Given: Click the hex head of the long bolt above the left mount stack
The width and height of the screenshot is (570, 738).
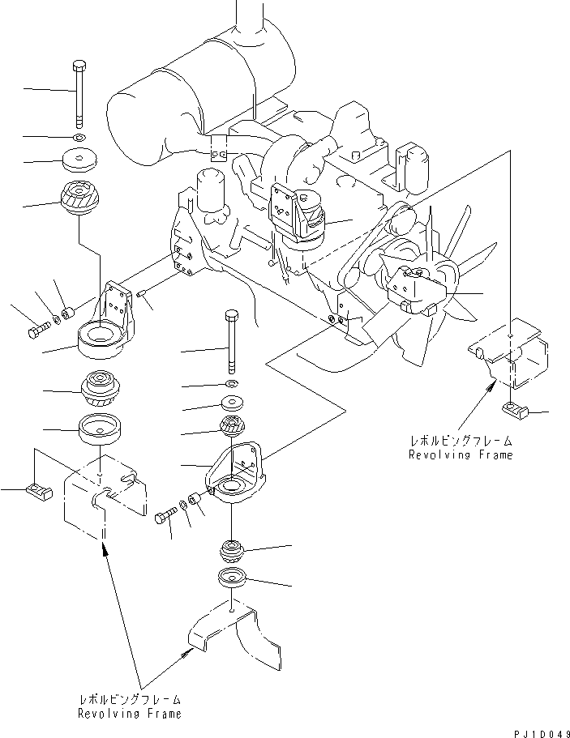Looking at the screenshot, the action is click(79, 65).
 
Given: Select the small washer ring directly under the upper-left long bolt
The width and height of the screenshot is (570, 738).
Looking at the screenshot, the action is click(79, 138).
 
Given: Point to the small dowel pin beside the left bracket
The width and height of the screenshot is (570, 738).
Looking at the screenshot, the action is click(141, 294).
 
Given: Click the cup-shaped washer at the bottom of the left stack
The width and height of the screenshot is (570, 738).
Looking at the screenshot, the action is click(101, 429).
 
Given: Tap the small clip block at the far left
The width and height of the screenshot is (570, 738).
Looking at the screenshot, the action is click(40, 490).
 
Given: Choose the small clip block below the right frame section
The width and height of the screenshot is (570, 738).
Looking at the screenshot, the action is click(515, 411).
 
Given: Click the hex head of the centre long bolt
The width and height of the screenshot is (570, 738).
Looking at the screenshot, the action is click(232, 314).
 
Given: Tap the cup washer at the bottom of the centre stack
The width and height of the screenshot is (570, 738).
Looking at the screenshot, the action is click(232, 578).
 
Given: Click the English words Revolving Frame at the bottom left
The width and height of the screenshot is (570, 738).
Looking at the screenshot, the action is click(130, 714).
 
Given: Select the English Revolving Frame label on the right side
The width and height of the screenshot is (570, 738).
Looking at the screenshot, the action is click(461, 454).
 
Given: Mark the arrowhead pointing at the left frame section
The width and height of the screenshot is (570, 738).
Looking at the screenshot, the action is click(104, 548).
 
